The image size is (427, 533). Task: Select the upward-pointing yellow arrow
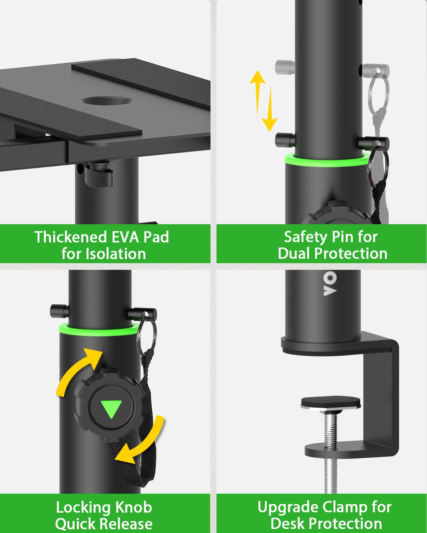click(258, 92)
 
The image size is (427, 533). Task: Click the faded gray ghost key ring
click(379, 92)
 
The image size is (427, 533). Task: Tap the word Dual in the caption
click(294, 254)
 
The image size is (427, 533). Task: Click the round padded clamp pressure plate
click(330, 403)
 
